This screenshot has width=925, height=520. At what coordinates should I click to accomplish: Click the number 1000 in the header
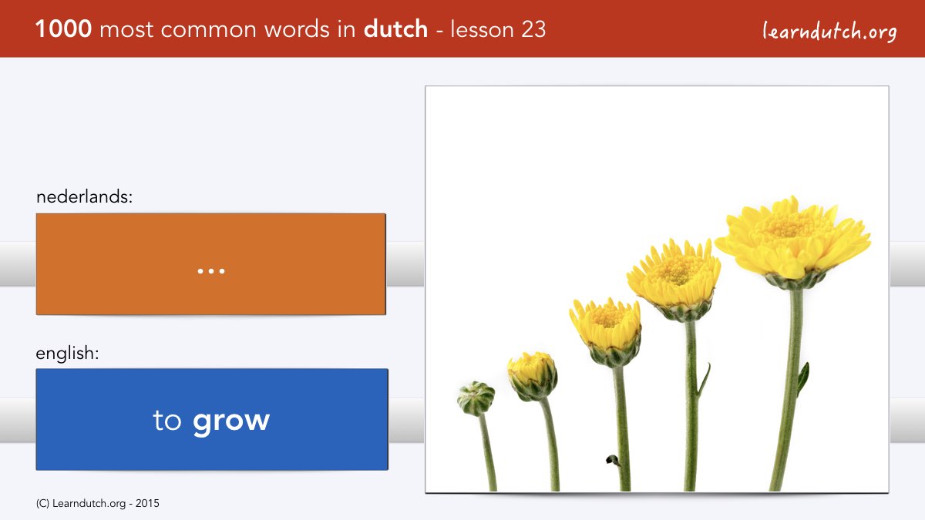pyautogui.click(x=63, y=29)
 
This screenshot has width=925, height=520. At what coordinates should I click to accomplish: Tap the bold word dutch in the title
pyautogui.click(x=395, y=29)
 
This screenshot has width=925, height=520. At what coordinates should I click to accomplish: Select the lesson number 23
pyautogui.click(x=533, y=29)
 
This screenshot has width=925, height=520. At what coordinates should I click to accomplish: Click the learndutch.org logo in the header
pyautogui.click(x=829, y=32)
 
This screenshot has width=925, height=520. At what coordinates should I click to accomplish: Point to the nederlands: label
pyautogui.click(x=84, y=196)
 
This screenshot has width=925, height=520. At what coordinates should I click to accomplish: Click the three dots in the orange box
pyautogui.click(x=211, y=271)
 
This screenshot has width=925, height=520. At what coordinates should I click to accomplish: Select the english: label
pyautogui.click(x=67, y=354)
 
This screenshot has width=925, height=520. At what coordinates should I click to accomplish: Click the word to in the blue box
pyautogui.click(x=166, y=421)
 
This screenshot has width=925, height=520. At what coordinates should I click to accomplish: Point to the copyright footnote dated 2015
pyautogui.click(x=97, y=504)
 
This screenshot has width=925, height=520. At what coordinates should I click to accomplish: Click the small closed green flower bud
pyautogui.click(x=476, y=398)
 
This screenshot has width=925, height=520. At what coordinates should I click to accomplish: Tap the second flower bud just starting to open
pyautogui.click(x=533, y=376)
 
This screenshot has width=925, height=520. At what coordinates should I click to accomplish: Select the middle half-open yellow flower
pyautogui.click(x=606, y=332)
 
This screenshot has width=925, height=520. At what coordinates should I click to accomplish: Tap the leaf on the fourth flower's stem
pyautogui.click(x=704, y=380)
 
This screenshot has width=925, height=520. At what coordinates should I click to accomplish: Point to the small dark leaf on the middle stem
pyautogui.click(x=612, y=460)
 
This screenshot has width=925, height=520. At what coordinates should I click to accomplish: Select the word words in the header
pyautogui.click(x=297, y=29)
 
